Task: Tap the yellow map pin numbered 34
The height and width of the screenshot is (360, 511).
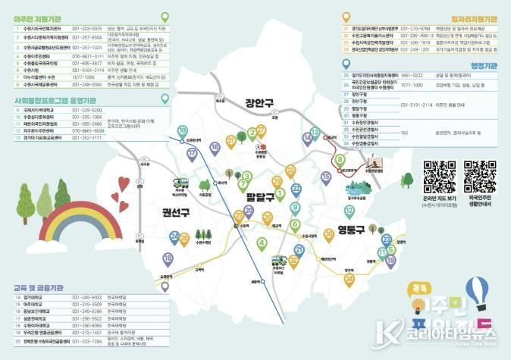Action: pyautogui.click(x=350, y=279)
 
